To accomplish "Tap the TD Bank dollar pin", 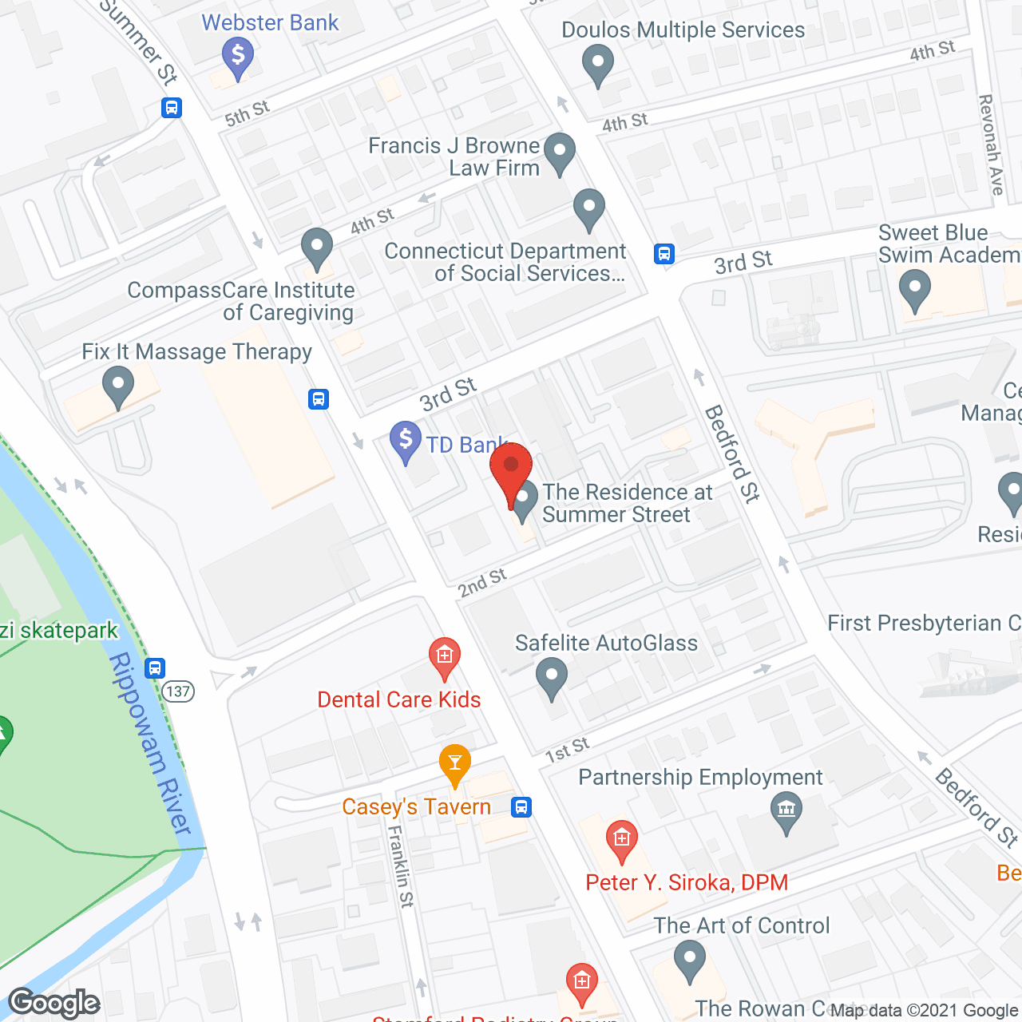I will point(406,440).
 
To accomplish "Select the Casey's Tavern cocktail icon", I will point(454,764).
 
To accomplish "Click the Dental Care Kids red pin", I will point(445,657).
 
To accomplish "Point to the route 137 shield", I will point(179,691).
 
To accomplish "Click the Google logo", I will point(54,1003).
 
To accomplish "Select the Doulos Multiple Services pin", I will point(597,63).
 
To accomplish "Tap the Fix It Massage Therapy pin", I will point(118,386).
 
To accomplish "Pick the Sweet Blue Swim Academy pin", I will point(915,289).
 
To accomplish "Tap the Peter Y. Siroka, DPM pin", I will point(621,841).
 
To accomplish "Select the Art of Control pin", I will point(689,960).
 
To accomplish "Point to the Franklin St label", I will point(401,866).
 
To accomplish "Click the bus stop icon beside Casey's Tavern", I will point(521,806).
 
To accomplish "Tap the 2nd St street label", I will point(482,583).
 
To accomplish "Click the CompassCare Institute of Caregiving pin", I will point(317,248).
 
